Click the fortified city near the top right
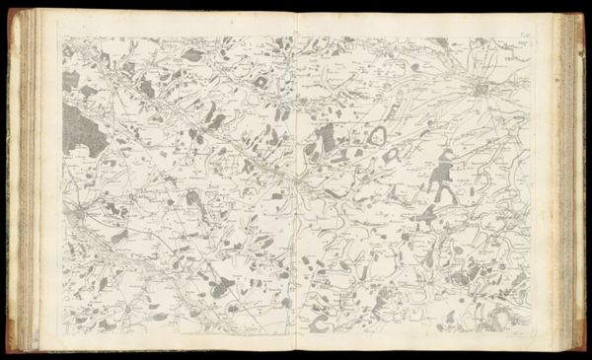[x=481, y=91]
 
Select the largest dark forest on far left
[x=83, y=128]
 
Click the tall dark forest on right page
[x=441, y=174]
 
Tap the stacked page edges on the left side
[x=25, y=178]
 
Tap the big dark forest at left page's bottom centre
[x=222, y=286]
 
